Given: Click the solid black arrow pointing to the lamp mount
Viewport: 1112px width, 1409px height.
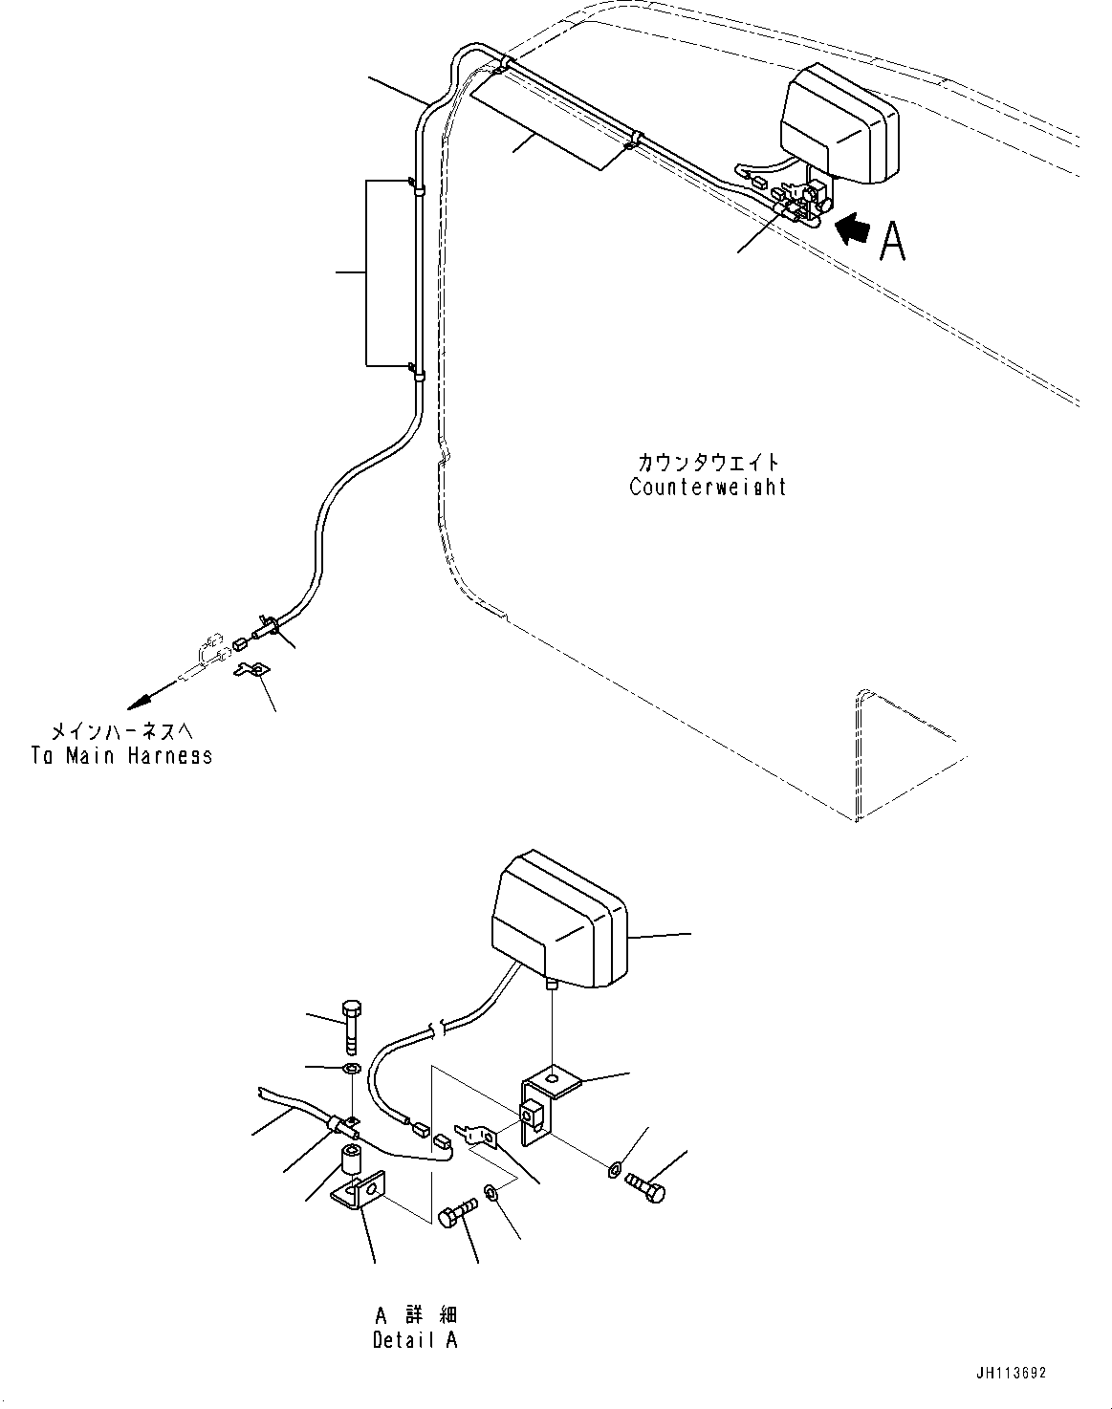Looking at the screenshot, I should pyautogui.click(x=854, y=229).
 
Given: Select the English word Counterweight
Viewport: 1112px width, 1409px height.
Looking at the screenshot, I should pyautogui.click(x=708, y=487).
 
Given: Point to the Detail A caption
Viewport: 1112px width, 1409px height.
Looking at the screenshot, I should pyautogui.click(x=415, y=1339).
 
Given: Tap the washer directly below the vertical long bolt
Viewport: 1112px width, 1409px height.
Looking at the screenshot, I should pyautogui.click(x=350, y=1067).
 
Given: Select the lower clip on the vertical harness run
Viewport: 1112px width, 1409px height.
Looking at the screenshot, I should pyautogui.click(x=415, y=371).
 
